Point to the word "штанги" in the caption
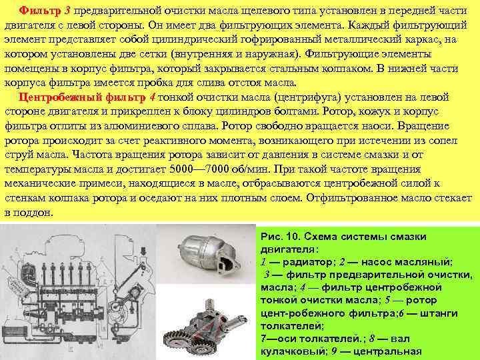click(435, 313)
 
